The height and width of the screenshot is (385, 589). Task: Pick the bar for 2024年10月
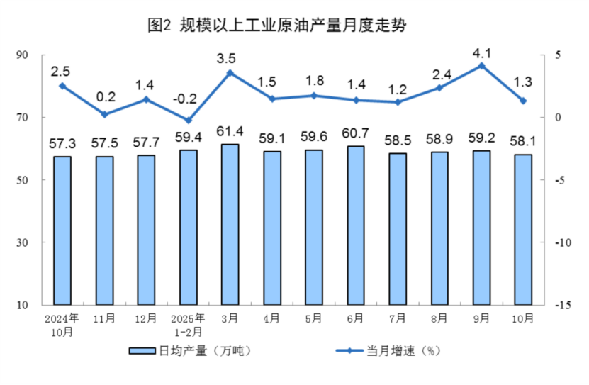pyautogui.click(x=62, y=230)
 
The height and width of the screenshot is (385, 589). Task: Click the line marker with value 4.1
pyautogui.click(x=481, y=66)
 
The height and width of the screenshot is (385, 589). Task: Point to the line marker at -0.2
pyautogui.click(x=188, y=120)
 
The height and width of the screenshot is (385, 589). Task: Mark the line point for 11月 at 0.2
pyautogui.click(x=104, y=114)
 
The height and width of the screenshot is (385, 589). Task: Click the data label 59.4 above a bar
pyautogui.click(x=188, y=135)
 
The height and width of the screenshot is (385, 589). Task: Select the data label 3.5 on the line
pyautogui.click(x=230, y=57)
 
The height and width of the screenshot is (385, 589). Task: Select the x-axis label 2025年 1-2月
pyautogui.click(x=188, y=325)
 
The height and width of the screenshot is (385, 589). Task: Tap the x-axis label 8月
pyautogui.click(x=439, y=318)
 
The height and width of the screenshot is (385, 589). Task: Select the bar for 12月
pyautogui.click(x=146, y=230)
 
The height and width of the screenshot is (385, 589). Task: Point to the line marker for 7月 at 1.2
pyautogui.click(x=398, y=102)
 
